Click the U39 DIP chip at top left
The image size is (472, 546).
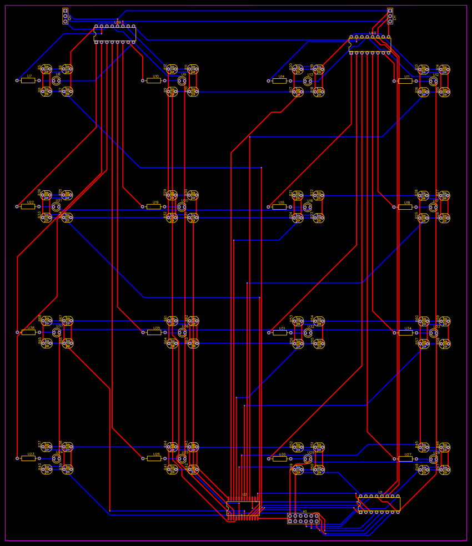pos(115,34)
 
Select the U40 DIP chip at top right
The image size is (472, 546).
pos(370,45)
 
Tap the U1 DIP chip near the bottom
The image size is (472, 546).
pos(379,504)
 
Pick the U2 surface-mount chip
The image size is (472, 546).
pos(243,508)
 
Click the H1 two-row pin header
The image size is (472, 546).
pos(303,519)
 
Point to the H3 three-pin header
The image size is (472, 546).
pos(65,16)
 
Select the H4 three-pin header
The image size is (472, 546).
pos(390,16)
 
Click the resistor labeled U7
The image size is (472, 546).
pos(28,80)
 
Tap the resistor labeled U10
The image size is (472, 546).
pos(154,80)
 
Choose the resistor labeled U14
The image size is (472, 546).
pos(280,80)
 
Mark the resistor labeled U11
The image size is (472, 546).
pos(405,80)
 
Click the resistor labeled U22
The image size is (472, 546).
pos(28,206)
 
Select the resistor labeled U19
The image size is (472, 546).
pos(154,206)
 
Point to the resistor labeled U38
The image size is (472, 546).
pos(28,332)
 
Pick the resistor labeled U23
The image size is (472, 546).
pos(28,458)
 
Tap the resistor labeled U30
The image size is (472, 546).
pos(280,458)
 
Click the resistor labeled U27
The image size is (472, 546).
pos(405,458)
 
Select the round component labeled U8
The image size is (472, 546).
pos(56,81)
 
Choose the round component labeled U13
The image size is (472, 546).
pos(308,81)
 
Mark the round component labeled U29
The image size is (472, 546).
pos(308,459)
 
